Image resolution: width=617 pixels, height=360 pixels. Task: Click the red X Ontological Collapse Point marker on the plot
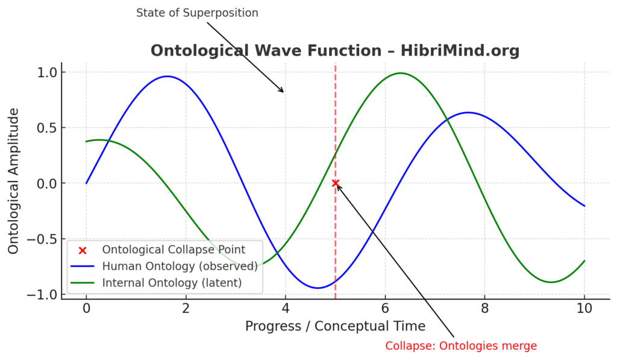(335, 183)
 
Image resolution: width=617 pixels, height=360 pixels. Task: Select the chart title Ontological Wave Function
(266, 51)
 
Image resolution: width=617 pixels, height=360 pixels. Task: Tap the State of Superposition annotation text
(197, 13)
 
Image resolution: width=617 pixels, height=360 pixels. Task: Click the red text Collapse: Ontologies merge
(461, 346)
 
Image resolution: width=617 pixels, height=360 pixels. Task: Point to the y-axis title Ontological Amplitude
(13, 181)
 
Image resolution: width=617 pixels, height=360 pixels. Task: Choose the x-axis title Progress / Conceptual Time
(335, 326)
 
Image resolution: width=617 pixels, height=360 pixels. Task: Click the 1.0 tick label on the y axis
(47, 72)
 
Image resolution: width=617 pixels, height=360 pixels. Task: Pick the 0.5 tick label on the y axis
(47, 128)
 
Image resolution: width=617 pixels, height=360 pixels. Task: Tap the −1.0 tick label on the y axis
(42, 295)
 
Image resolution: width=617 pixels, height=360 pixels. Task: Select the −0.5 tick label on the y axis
(42, 239)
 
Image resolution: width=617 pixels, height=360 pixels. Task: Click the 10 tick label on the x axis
(584, 308)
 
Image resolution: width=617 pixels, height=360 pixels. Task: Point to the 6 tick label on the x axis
(385, 308)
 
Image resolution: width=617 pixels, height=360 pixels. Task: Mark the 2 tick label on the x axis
(186, 308)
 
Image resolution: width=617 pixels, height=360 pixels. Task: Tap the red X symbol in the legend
(82, 250)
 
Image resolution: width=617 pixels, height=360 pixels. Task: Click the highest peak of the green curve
(400, 73)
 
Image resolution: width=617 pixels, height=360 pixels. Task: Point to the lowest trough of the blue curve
(318, 288)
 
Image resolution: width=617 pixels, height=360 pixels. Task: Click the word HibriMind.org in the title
(460, 51)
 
